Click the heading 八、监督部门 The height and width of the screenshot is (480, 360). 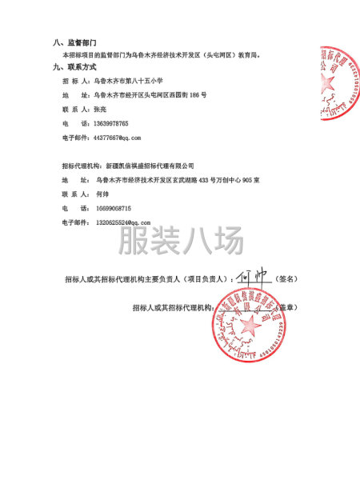tap(75, 41)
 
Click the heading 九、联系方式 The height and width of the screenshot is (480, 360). tap(75, 67)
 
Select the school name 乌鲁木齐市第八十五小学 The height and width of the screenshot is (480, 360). tap(129, 81)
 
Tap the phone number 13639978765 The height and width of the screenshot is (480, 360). tap(111, 123)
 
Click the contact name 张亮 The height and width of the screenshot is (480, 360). tap(102, 109)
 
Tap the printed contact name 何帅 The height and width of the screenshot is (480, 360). tap(102, 194)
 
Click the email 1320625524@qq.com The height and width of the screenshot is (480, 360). tap(122, 222)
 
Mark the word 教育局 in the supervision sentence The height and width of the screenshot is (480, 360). tap(273, 55)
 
